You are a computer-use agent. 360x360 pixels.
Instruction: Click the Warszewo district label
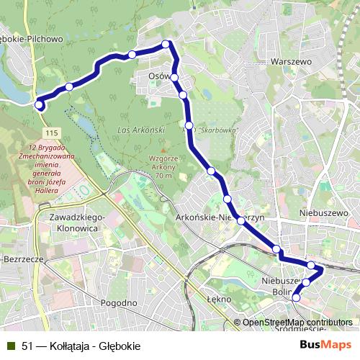(x=289, y=62)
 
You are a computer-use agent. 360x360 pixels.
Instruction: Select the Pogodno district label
(x=120, y=303)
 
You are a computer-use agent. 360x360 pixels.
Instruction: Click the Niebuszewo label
(x=323, y=213)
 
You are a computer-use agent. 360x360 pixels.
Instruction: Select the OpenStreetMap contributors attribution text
(x=297, y=323)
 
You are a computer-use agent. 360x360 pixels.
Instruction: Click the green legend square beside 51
(x=10, y=346)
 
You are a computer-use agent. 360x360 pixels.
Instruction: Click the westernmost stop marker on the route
(x=39, y=105)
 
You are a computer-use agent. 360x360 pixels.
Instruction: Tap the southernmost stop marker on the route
(x=297, y=297)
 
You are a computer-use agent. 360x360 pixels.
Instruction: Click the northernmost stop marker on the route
(x=166, y=45)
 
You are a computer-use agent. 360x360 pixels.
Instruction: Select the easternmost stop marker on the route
(x=312, y=266)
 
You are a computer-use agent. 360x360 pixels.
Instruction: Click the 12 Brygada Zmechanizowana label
(x=38, y=160)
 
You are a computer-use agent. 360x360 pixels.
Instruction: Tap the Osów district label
(x=158, y=76)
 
